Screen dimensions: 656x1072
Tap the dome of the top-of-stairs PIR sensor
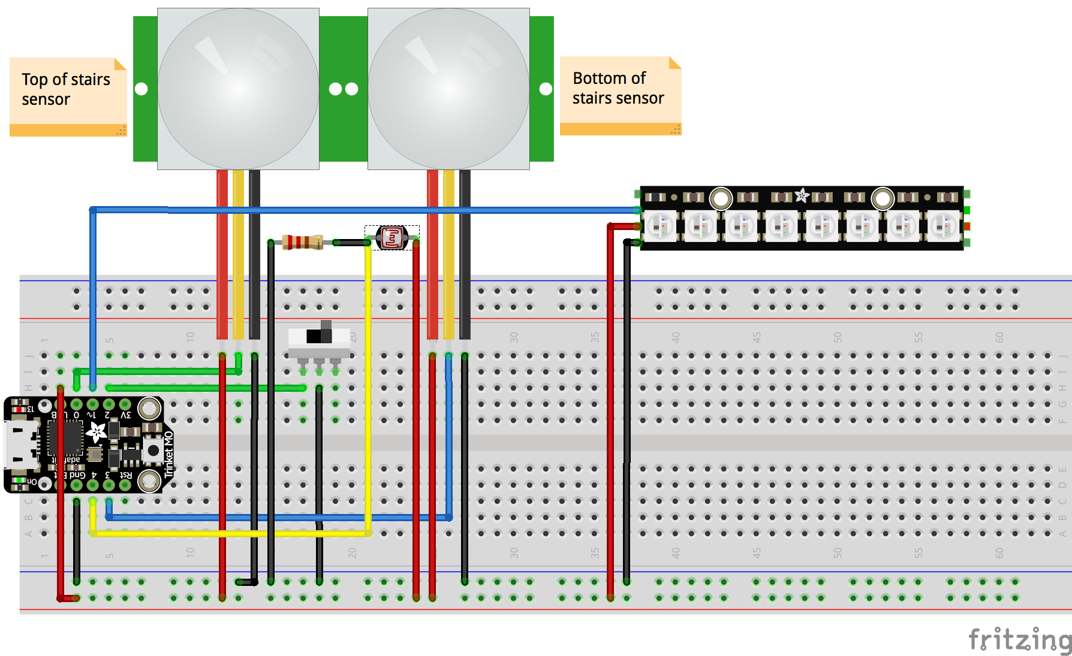[238, 89]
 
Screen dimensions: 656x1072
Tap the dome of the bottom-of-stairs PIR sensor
[448, 89]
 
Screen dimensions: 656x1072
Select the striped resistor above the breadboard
[302, 242]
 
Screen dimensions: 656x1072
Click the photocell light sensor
[392, 238]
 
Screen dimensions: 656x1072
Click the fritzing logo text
[1019, 640]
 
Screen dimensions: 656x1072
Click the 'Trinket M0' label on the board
[168, 454]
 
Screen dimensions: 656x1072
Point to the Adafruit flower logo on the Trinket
[97, 432]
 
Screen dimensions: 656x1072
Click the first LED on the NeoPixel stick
[660, 226]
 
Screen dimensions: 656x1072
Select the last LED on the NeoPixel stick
[942, 226]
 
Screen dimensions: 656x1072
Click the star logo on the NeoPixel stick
[802, 195]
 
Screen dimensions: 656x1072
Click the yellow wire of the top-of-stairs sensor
[238, 252]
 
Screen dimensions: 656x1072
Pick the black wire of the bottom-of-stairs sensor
[465, 252]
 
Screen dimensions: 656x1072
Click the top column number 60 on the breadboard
[999, 337]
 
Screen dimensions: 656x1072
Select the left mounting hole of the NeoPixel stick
[721, 198]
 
